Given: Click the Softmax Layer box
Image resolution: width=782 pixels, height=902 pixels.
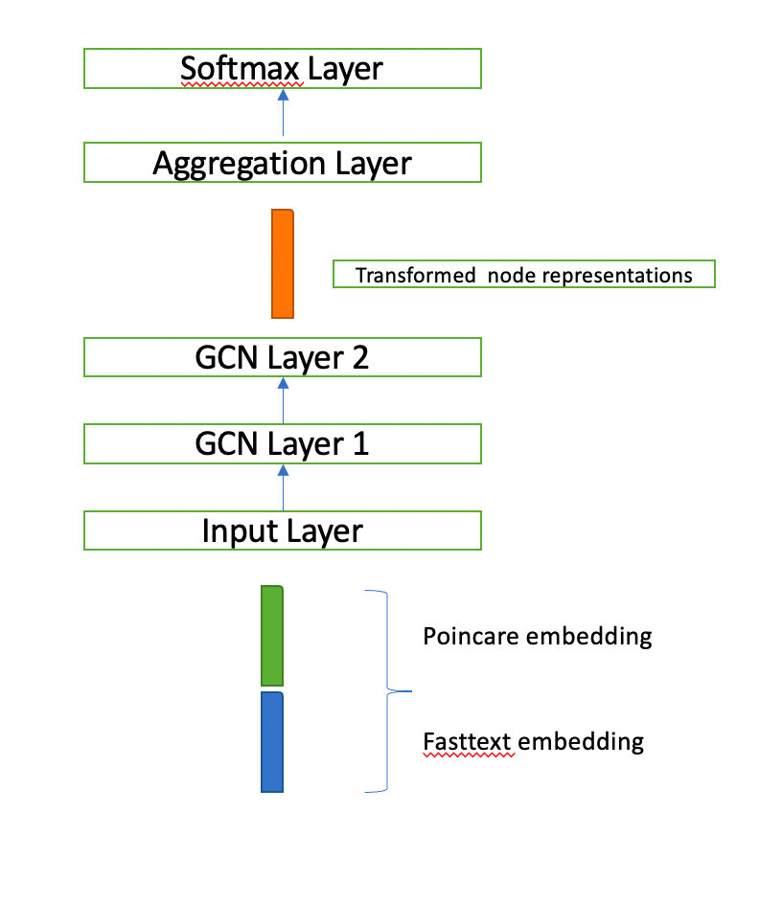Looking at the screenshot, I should (283, 69).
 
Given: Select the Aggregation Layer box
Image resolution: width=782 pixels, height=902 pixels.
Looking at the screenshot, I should (283, 163).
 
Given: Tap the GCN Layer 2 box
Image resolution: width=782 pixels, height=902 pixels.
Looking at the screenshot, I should (283, 357).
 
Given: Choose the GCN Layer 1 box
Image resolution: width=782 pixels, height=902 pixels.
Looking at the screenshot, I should (283, 443).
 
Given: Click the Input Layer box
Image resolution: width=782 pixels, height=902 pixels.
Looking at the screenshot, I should (283, 530).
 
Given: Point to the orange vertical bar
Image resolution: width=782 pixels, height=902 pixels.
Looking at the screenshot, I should (283, 262).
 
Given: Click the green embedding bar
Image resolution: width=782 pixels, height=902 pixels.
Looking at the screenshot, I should (272, 636).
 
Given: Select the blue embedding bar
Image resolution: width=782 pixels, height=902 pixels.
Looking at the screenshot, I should (272, 742).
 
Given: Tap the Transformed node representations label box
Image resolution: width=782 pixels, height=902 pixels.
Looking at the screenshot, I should (523, 275).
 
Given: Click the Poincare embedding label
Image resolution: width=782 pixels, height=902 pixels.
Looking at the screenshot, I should (538, 636).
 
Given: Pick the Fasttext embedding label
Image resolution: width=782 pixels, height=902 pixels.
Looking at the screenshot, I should (534, 741).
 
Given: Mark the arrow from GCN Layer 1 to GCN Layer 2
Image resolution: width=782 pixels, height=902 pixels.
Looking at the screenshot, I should (283, 400).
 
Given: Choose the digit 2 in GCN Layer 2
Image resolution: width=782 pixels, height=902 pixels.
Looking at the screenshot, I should (358, 357).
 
